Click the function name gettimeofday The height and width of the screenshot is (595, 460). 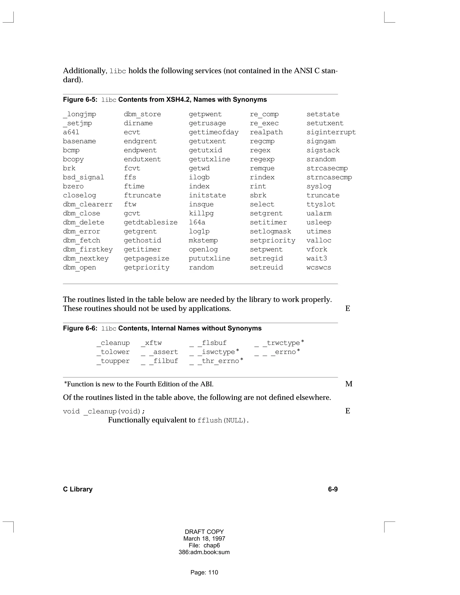(x=213, y=132)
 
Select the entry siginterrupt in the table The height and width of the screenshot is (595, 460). (x=331, y=132)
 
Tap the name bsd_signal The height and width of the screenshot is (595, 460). (x=83, y=177)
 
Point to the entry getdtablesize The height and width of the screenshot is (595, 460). (x=150, y=222)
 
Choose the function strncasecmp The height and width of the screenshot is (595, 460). (x=329, y=177)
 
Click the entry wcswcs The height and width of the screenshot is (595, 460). (x=318, y=268)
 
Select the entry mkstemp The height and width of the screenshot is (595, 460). (x=203, y=240)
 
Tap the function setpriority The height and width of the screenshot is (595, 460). (x=272, y=240)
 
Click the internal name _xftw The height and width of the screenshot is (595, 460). (x=151, y=343)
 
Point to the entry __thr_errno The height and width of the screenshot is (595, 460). (x=216, y=361)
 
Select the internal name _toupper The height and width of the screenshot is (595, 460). (x=113, y=361)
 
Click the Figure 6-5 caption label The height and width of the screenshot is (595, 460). (x=80, y=100)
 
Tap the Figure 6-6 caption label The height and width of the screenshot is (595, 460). (x=80, y=328)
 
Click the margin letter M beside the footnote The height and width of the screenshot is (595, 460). (x=349, y=384)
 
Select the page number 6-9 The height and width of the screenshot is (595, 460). (x=332, y=489)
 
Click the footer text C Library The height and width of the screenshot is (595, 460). (x=78, y=489)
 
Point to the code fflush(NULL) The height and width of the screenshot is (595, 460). (x=223, y=420)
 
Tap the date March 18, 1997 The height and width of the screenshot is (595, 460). (x=204, y=539)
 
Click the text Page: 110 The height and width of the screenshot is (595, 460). (x=204, y=572)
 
